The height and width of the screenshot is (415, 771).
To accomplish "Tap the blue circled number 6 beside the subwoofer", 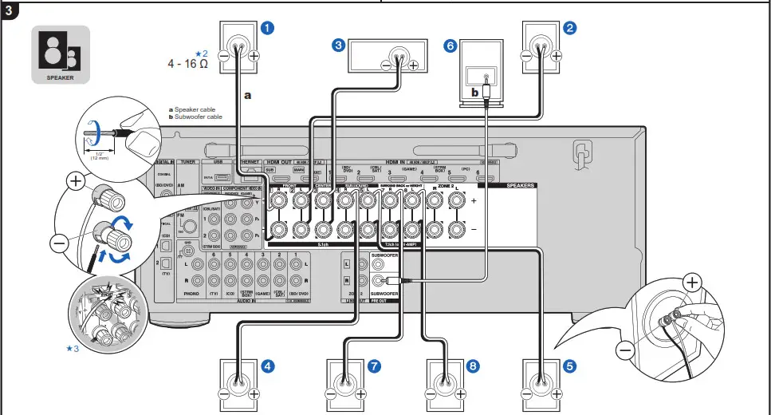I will [x=450, y=46].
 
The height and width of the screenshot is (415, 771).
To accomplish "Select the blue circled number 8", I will [x=474, y=366].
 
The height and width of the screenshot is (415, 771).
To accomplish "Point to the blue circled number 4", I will [x=268, y=366].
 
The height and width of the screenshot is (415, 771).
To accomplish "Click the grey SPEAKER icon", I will [x=61, y=55].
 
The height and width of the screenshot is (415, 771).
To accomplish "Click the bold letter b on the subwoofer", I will [x=474, y=93].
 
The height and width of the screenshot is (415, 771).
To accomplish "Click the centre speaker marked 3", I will [x=391, y=57].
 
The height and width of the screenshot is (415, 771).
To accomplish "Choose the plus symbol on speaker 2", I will [x=557, y=57].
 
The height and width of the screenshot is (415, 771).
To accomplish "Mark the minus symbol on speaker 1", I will [x=224, y=57].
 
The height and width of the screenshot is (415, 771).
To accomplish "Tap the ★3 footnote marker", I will [x=73, y=348].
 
